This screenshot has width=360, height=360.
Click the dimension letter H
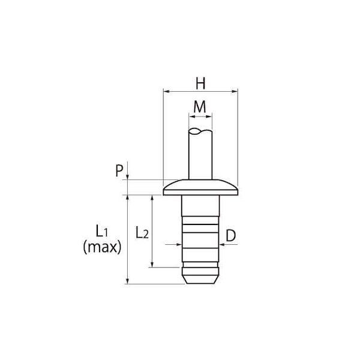pos(200,83)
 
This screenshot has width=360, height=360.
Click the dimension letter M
pos(200,107)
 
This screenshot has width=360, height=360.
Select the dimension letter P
pos(119,170)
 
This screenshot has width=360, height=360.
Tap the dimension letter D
pos(231,235)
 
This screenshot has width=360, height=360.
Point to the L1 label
pos(102,231)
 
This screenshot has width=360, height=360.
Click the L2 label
pos(142,232)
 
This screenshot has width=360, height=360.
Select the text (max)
pos(102,247)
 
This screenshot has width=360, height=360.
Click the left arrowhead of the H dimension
pos(166,91)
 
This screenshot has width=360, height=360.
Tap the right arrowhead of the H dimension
pos(235,91)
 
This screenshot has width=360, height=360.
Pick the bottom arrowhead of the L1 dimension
pos(128,281)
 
